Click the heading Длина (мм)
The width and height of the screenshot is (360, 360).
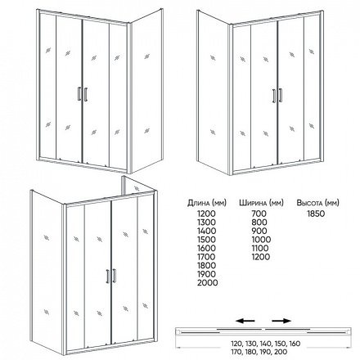click(207, 203)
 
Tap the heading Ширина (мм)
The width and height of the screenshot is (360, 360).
click(261, 203)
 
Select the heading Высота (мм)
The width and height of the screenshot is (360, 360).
click(317, 203)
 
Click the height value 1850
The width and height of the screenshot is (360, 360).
click(316, 214)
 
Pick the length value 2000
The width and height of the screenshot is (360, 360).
click(208, 283)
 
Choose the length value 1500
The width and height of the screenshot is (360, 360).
click(206, 240)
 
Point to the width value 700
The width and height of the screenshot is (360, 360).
click(259, 214)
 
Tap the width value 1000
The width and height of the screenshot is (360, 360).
click(261, 240)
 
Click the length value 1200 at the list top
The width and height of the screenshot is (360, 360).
click(206, 214)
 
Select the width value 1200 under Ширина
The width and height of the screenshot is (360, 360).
click(260, 257)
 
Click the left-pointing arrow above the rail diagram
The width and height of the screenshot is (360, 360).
click(245, 321)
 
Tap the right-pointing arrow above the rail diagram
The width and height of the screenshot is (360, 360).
click(281, 321)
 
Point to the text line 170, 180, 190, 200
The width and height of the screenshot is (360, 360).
click(259, 352)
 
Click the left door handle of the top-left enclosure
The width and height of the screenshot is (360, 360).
click(79, 94)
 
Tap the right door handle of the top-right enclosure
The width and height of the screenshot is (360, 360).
click(280, 95)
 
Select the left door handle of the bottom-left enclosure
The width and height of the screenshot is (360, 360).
click(108, 277)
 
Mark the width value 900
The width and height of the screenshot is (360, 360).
click(259, 231)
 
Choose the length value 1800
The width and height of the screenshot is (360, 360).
click(206, 266)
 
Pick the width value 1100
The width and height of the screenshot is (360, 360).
click(260, 248)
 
